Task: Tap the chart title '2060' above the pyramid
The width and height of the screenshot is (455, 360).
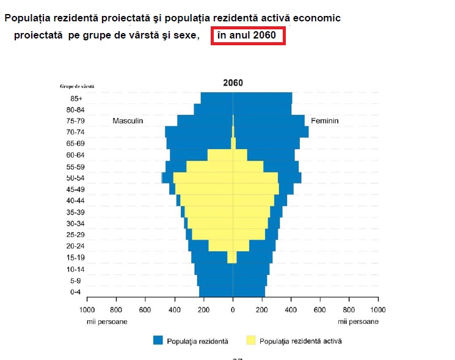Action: point(233,83)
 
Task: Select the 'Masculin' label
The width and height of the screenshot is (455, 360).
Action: point(128,121)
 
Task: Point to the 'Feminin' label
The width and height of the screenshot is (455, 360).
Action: point(324,121)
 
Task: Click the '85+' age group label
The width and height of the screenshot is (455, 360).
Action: point(76,98)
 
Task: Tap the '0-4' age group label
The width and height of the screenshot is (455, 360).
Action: point(76,292)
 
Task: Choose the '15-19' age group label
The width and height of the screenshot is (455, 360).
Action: point(76,258)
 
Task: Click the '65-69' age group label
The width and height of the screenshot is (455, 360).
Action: point(76,144)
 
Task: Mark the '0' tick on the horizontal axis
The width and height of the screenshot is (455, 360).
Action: point(233,309)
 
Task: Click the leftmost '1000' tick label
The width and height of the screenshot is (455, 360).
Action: point(87,309)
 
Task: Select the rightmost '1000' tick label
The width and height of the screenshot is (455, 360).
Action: point(377,309)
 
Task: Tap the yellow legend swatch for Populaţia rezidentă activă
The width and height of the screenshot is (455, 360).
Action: point(250,340)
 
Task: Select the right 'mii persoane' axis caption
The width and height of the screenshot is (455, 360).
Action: point(358,321)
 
